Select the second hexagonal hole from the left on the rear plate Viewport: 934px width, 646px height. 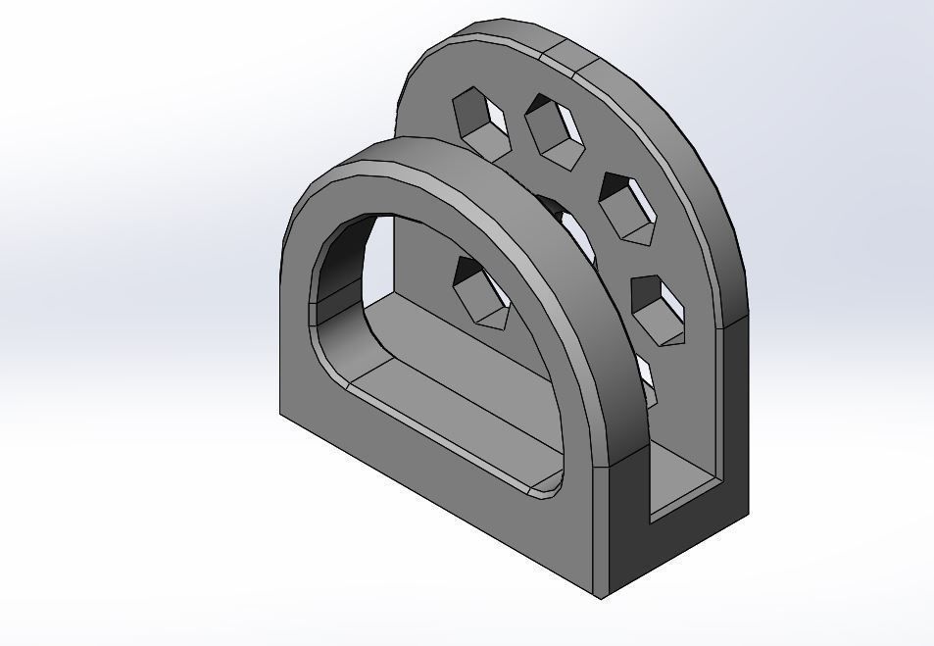[x=555, y=130]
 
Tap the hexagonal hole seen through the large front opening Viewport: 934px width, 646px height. [x=479, y=291]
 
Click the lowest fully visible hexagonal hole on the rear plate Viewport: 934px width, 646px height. [x=658, y=310]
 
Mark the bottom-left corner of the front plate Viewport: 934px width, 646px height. [x=281, y=413]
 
